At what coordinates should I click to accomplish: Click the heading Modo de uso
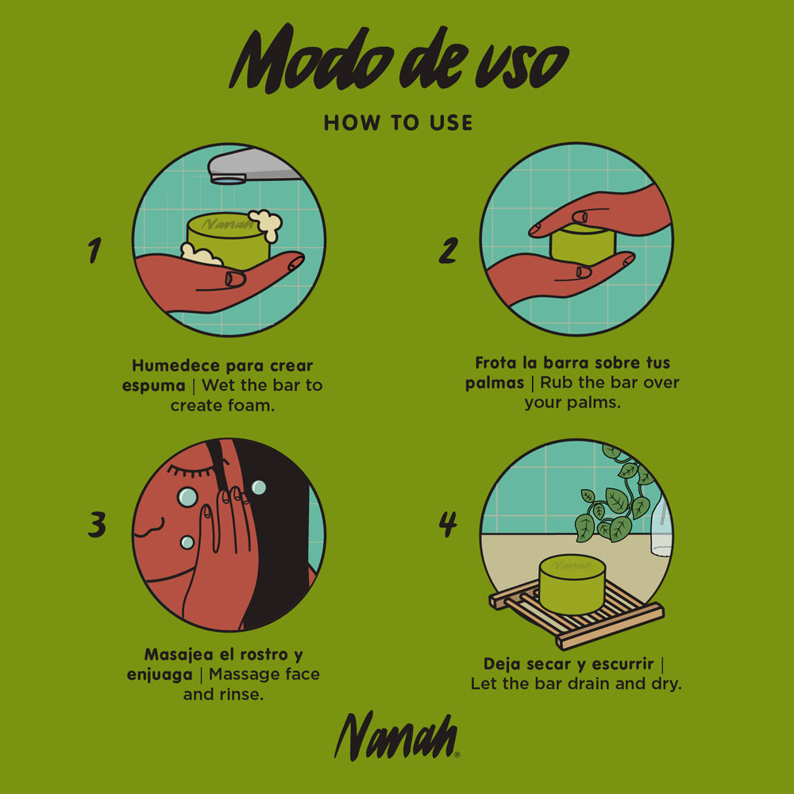coord(399,60)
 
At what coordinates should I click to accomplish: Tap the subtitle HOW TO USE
coord(398,123)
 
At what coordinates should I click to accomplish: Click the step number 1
coord(94,250)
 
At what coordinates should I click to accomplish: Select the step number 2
coord(449,251)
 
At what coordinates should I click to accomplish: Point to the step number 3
coord(97,524)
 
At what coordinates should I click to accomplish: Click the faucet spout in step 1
coord(253,166)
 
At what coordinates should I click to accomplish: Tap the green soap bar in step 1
coord(227,239)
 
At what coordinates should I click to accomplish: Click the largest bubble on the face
coord(187,497)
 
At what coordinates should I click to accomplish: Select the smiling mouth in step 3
coord(149,527)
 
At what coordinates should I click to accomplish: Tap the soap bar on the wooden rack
coord(572,584)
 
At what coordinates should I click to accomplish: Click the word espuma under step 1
coord(154,387)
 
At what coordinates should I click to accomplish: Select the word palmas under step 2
coord(495,383)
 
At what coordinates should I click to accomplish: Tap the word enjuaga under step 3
coord(160,675)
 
